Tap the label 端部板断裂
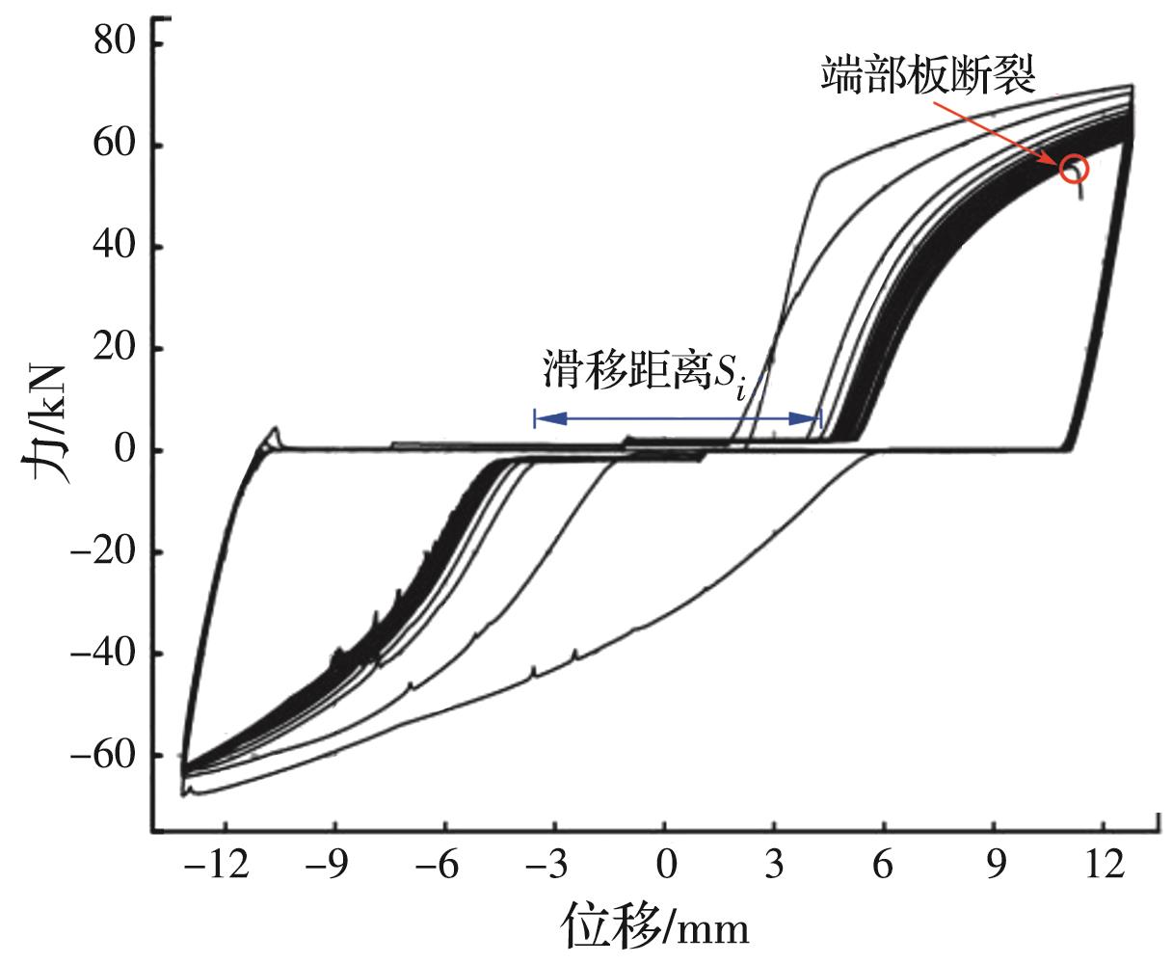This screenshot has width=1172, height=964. coord(928,75)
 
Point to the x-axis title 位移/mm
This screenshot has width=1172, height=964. coord(654,927)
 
